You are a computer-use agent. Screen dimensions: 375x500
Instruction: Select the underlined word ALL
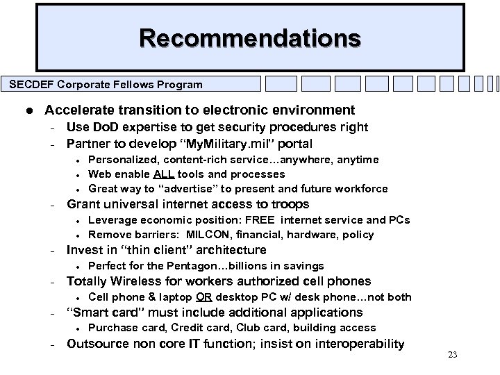click(164, 174)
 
